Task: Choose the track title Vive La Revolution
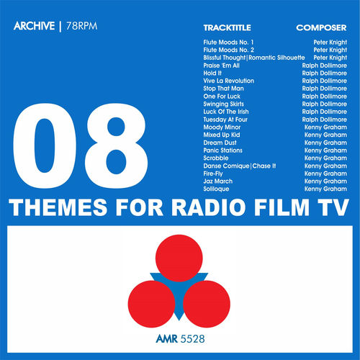click(229, 81)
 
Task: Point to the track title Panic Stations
click(222, 150)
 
